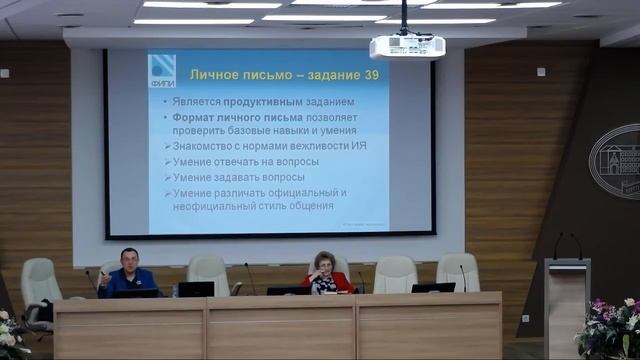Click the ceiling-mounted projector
407,46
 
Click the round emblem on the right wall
615,161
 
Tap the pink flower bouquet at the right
611,325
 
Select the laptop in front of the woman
288,290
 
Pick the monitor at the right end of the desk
433,288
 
